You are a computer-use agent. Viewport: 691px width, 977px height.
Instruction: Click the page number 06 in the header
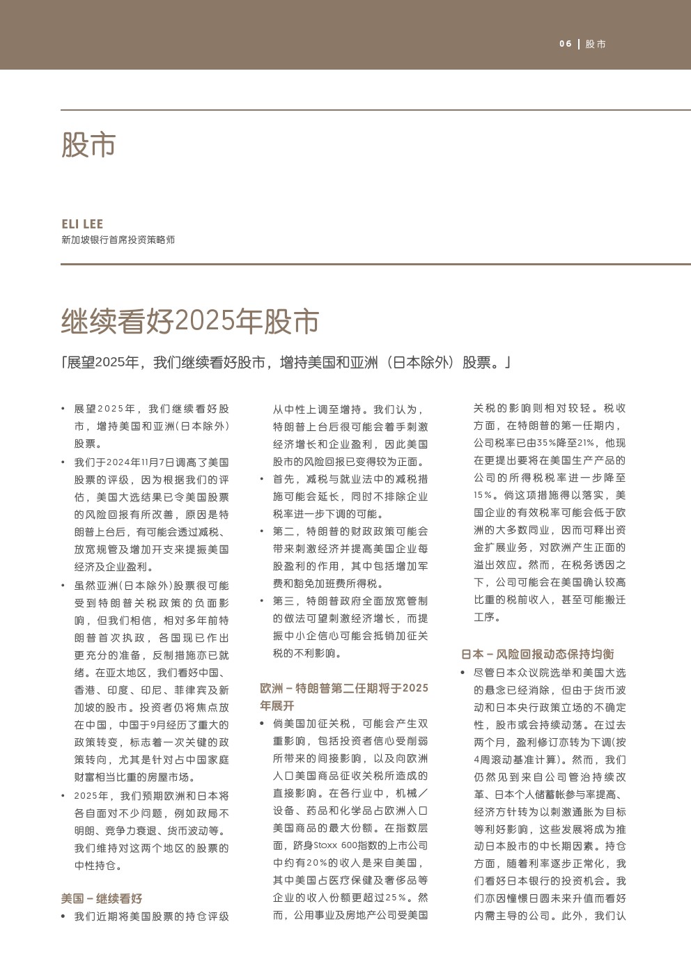(565, 44)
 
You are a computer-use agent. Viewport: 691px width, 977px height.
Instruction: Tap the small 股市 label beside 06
(596, 44)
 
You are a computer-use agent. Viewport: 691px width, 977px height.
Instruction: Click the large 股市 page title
(88, 145)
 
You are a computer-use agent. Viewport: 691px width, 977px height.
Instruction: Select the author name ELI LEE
(82, 224)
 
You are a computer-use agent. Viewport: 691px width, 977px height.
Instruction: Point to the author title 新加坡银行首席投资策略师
(118, 240)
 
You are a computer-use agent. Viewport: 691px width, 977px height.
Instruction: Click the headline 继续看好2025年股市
(190, 321)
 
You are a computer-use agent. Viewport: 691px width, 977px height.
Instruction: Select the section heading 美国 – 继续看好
(102, 898)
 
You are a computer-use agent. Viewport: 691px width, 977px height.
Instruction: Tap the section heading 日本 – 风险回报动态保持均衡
(538, 654)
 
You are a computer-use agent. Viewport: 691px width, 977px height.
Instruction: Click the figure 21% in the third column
(586, 443)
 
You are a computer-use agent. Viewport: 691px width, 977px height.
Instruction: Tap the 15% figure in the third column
(483, 495)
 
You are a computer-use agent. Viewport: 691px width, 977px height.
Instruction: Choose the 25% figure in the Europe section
(395, 898)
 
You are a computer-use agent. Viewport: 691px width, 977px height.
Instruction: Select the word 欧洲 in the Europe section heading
(271, 688)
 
